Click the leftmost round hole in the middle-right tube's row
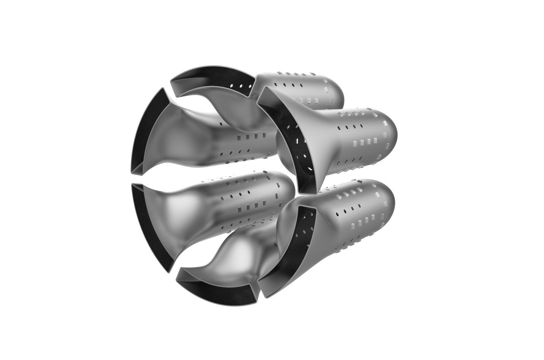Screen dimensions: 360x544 click(340, 128)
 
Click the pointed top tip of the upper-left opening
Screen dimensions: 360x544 click(162, 89)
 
